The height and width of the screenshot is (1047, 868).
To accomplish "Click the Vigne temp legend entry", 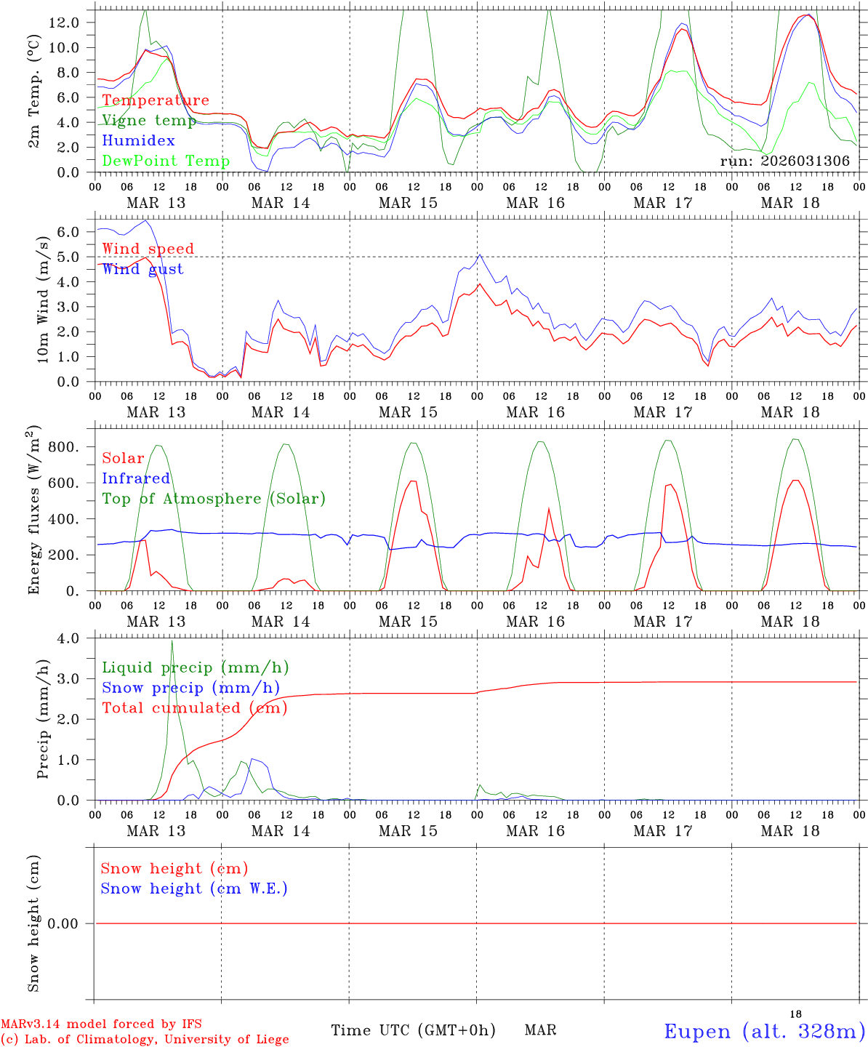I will coord(149,121).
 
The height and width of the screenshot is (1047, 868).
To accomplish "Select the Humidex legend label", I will coord(138,140).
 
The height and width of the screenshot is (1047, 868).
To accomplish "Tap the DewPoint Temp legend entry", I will coord(166,161).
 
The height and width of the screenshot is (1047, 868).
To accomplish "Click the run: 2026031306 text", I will coord(784,161).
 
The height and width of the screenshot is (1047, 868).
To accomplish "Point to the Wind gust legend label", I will coord(142,269).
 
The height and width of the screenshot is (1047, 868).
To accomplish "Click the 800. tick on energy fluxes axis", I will coord(63,447).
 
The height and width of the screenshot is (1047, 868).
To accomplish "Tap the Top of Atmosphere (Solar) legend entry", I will coord(214,499).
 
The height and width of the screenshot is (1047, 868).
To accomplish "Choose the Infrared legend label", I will coord(136,478).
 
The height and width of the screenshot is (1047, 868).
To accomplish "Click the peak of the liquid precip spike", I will coord(172,641).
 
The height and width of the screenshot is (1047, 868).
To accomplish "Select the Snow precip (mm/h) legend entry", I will coord(190,688).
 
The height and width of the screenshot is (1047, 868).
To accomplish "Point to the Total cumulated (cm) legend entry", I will coord(194,707).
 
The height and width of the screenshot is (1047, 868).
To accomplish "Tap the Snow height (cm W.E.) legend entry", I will coord(194,888).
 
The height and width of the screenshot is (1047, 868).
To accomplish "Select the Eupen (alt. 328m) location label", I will coord(764,1031).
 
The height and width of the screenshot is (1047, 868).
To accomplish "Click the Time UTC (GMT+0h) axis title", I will coord(413,1030).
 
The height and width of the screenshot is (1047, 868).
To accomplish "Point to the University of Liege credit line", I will coord(145,1040).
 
